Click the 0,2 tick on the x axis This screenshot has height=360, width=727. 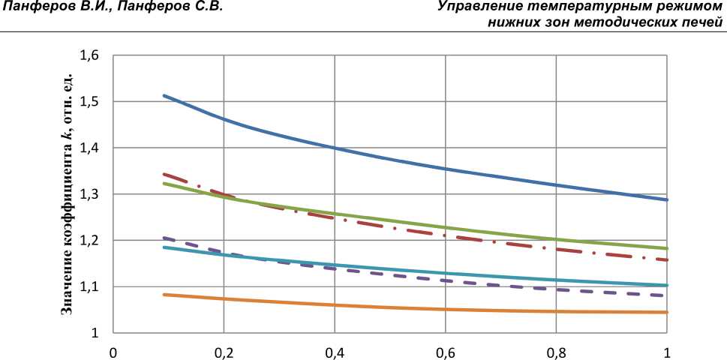(223, 351)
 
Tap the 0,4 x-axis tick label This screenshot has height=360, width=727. (334, 351)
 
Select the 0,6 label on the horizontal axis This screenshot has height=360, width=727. (445, 351)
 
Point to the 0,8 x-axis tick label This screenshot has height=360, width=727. (556, 351)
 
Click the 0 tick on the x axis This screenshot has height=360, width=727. (113, 351)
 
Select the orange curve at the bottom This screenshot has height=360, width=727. (334, 305)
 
